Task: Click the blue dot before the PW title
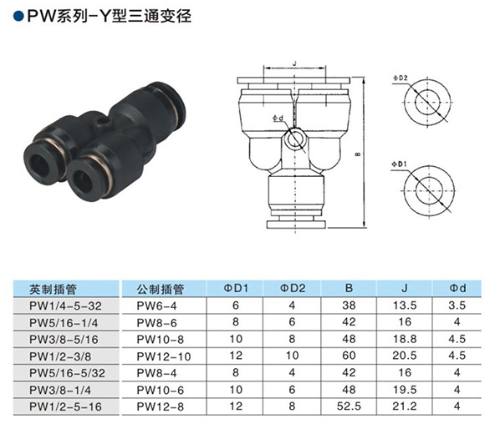[x=18, y=17]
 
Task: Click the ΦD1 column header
[x=236, y=288]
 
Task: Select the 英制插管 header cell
[x=53, y=289]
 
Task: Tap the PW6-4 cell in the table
[x=156, y=305]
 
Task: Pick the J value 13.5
[x=405, y=305]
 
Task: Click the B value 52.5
[x=349, y=406]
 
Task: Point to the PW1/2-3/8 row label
[x=60, y=356]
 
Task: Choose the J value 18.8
[x=405, y=339]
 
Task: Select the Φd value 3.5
[x=457, y=305]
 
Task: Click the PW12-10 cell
[x=164, y=356]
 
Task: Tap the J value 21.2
[x=405, y=406]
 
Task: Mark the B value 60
[x=349, y=356]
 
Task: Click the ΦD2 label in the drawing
[x=400, y=78]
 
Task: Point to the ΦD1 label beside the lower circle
[x=399, y=164]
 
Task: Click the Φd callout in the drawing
[x=278, y=119]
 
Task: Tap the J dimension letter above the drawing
[x=295, y=63]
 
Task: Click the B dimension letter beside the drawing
[x=358, y=154]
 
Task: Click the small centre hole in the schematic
[x=295, y=140]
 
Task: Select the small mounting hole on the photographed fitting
[x=103, y=121]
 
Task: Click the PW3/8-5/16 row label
[x=64, y=340]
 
